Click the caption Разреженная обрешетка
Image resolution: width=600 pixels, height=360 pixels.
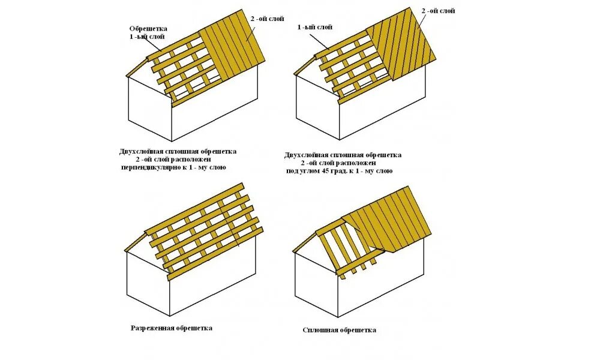(x=172, y=328)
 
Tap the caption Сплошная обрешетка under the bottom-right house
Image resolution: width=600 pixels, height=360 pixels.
(x=340, y=330)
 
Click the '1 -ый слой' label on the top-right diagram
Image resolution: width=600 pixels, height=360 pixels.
(x=315, y=27)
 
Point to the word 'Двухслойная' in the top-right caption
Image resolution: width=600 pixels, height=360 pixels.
(x=306, y=155)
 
